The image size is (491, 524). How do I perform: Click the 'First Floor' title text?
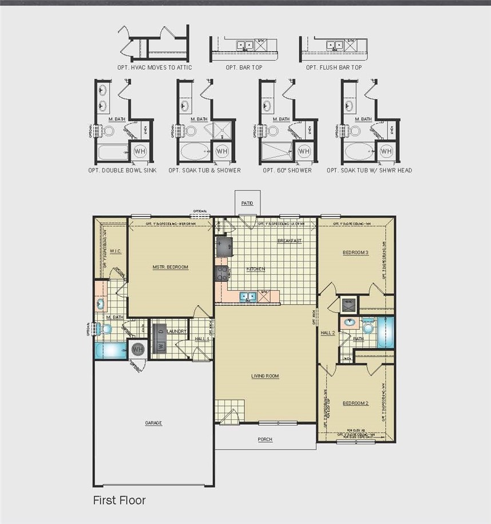coord(119,501)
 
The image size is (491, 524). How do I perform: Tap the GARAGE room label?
coord(153,423)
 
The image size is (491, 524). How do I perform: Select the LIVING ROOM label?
coord(265,376)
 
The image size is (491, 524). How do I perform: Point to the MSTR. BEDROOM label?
coord(171,267)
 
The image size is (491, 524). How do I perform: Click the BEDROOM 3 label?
coord(356,253)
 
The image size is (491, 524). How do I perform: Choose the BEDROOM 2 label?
coord(355,403)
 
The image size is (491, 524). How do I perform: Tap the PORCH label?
coord(265,440)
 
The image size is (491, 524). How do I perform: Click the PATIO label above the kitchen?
coord(247,203)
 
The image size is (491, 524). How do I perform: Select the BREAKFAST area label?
coord(290,241)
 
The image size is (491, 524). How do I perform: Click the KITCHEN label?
coord(256,269)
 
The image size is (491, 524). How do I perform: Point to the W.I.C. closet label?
coord(114,250)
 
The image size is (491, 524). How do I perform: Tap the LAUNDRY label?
coord(176,331)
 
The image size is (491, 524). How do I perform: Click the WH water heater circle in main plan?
coord(138,349)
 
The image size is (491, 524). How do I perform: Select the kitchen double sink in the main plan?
coord(248,296)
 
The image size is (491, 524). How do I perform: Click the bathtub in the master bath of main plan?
coord(111,350)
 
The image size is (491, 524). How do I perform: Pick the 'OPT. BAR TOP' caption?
coord(243,68)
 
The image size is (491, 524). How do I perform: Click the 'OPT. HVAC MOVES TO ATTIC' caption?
coord(155,68)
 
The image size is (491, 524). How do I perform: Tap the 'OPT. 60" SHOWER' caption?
coord(287,170)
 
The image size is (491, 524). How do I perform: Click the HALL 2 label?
coord(327,333)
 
